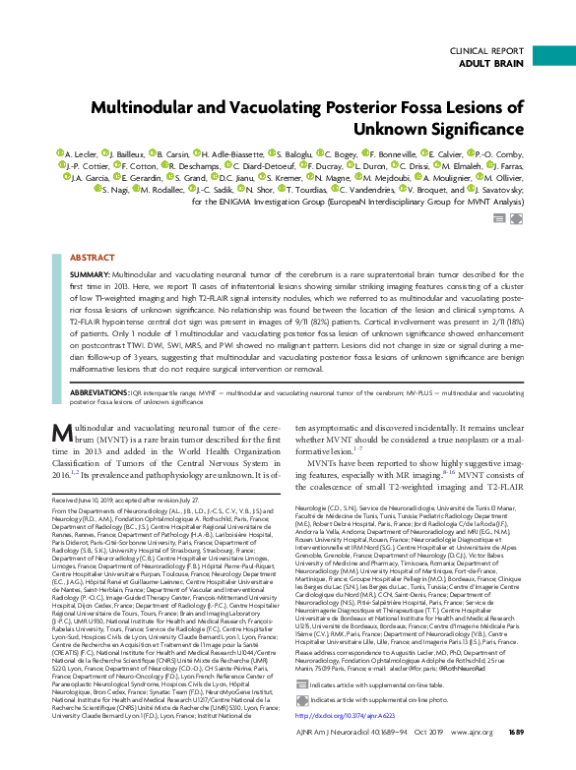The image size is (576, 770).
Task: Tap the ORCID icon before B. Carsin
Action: pyautogui.click(x=153, y=154)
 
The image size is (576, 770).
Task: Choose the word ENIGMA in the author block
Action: pyautogui.click(x=240, y=201)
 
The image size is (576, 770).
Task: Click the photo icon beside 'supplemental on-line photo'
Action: pyautogui.click(x=301, y=699)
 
